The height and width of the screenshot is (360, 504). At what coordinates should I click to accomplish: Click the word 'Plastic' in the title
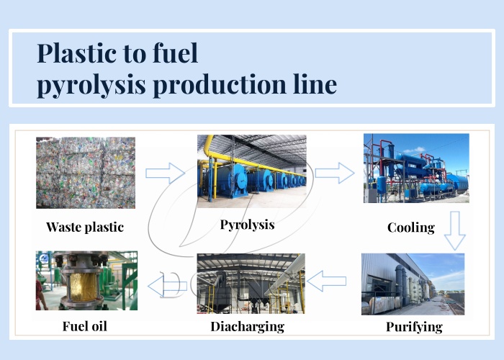76,54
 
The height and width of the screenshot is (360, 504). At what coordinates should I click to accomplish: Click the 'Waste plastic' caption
85,227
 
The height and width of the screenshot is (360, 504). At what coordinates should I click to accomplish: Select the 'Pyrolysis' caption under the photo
247,225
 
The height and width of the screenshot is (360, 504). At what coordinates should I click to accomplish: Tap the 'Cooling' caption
411,228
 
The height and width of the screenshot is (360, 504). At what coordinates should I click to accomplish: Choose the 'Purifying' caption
411,327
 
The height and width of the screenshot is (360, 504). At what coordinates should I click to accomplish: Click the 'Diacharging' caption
247,326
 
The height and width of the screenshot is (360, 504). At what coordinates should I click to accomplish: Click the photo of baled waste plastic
86,173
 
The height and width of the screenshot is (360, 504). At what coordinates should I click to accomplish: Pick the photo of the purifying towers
413,284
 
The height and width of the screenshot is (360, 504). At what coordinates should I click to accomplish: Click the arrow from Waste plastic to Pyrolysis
166,172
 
